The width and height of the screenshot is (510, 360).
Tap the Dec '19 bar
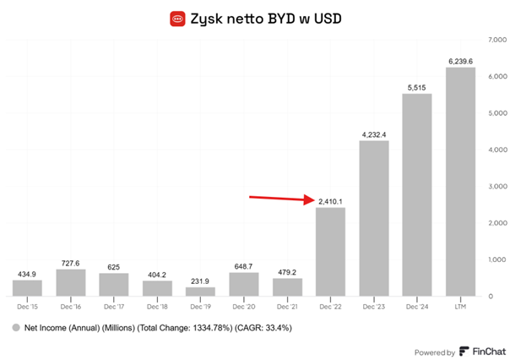coord(200,292)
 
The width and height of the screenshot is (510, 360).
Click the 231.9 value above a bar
coord(200,281)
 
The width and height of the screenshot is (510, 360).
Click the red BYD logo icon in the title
coord(177,17)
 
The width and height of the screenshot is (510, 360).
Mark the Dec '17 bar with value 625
coord(113,284)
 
